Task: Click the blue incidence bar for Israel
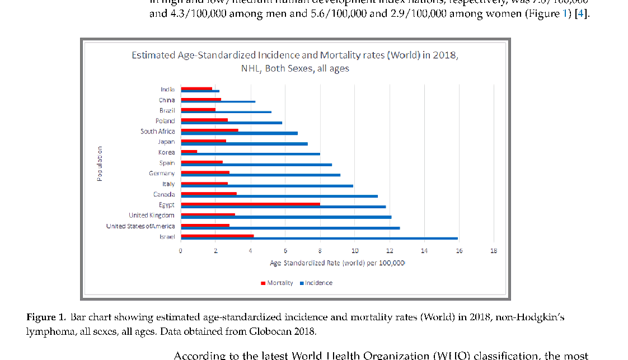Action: point(319,239)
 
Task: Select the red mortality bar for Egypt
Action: point(250,204)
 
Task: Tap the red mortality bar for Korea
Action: point(189,151)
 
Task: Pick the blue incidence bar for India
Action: point(200,91)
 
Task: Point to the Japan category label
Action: point(166,142)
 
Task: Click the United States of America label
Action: point(140,226)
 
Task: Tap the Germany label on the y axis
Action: point(162,174)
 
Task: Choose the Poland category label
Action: point(165,121)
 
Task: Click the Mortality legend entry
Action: point(279,283)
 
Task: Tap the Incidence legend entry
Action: point(318,283)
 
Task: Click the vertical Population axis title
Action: point(100,163)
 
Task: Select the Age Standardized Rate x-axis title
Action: point(337,262)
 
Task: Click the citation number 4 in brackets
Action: point(582,13)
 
